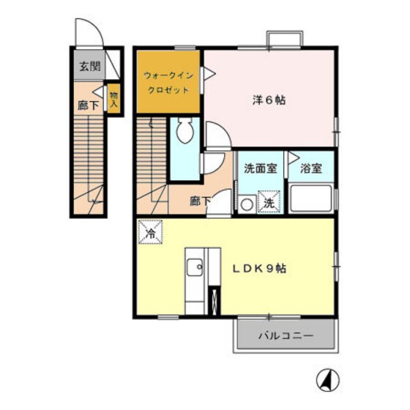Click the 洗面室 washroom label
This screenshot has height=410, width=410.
260,168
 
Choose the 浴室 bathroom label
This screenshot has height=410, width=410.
311,168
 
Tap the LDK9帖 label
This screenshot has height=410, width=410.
260,268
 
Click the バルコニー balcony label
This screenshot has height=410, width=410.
286,338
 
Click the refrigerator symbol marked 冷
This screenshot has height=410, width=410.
149,234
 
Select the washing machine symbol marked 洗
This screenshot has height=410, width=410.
269,203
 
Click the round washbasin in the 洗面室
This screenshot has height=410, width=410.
247,204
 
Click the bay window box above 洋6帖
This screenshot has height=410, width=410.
283,40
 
